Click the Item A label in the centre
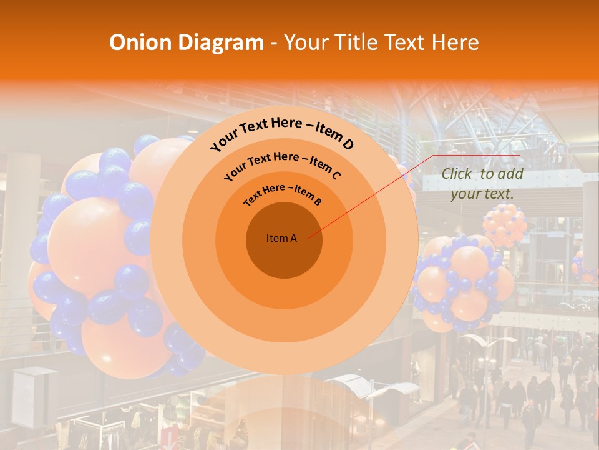[281, 238]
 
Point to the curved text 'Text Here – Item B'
[283, 194]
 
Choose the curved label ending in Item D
[282, 132]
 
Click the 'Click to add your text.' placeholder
[482, 184]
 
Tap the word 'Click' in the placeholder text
[457, 174]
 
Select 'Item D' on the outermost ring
[334, 137]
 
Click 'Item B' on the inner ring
[308, 196]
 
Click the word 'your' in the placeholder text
[465, 194]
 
